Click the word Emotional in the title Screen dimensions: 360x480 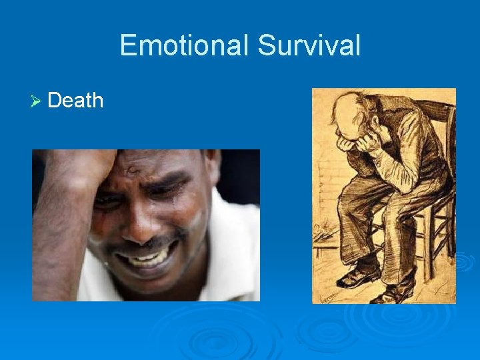coord(185,45)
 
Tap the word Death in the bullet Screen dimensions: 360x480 coord(75,101)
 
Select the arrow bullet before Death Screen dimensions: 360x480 coord(38,101)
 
